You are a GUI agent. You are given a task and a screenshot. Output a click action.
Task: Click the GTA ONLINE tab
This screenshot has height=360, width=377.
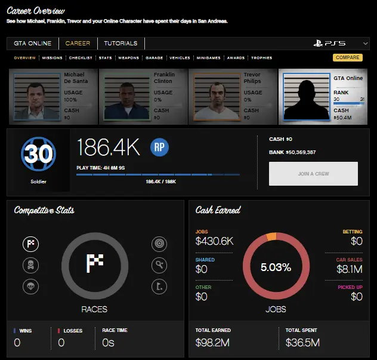33,44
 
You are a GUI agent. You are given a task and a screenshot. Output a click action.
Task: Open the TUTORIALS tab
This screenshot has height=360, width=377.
120,44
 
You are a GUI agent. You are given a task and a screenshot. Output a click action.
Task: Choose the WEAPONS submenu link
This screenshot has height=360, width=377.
128,58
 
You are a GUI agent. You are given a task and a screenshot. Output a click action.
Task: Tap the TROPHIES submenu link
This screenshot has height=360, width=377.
261,58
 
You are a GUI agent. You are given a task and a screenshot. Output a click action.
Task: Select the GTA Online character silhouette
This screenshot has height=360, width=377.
305,97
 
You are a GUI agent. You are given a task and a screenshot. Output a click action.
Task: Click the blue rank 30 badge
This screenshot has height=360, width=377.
38,154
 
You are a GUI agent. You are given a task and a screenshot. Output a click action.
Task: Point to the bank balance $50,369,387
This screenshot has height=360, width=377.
292,152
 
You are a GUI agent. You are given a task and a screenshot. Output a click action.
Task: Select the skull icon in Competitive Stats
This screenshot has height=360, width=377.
31,264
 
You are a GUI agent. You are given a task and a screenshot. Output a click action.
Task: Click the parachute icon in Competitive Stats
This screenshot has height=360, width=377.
31,285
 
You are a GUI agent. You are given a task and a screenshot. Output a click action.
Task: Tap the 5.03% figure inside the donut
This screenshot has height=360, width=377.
276,267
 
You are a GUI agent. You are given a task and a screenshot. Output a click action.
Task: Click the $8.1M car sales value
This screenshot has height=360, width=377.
350,269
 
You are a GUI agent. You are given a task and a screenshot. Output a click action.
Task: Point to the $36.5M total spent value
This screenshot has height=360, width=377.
302,342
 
